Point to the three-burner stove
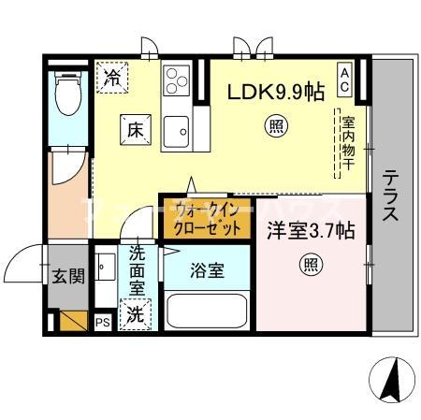tap(176, 79)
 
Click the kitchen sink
tap(176, 131)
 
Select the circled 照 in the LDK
tap(276, 125)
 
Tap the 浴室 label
tap(208, 270)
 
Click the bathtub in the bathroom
tap(206, 312)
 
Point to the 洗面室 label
tap(138, 271)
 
